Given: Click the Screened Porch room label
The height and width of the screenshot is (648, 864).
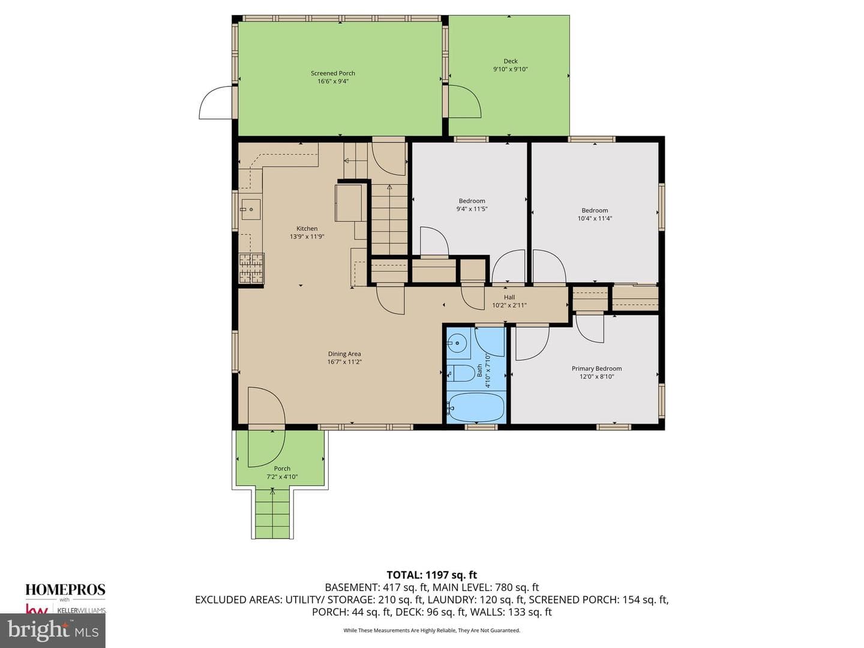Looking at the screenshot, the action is [x=332, y=73].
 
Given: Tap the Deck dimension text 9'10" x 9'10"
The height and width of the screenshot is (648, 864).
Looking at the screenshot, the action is [x=510, y=69].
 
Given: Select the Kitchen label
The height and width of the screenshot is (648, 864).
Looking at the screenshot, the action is [x=307, y=229].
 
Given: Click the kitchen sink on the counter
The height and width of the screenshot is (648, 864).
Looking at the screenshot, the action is [x=251, y=209].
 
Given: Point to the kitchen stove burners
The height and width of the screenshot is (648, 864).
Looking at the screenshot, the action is [x=251, y=268].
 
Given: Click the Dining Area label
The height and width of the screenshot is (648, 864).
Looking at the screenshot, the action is [x=344, y=354].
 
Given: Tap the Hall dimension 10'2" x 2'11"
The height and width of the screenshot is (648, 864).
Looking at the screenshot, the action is [x=509, y=305].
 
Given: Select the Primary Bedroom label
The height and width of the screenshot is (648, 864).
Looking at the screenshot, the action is [x=597, y=368].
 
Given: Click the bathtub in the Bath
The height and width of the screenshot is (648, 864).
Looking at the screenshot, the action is [x=476, y=407].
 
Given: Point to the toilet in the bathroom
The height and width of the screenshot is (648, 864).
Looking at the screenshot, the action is [x=461, y=373].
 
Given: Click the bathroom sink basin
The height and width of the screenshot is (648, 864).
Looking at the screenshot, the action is [x=457, y=343].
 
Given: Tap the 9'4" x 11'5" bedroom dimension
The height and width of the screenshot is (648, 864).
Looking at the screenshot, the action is [x=472, y=209].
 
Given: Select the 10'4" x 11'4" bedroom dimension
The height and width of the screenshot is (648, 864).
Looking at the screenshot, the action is [x=595, y=218].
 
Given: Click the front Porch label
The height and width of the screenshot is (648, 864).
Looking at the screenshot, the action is [x=282, y=469].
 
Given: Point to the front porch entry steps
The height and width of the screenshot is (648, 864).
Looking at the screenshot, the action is [x=273, y=514].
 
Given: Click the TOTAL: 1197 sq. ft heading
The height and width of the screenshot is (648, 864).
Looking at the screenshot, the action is [x=432, y=575].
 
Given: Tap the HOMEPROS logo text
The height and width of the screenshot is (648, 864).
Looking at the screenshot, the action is [x=65, y=590].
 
